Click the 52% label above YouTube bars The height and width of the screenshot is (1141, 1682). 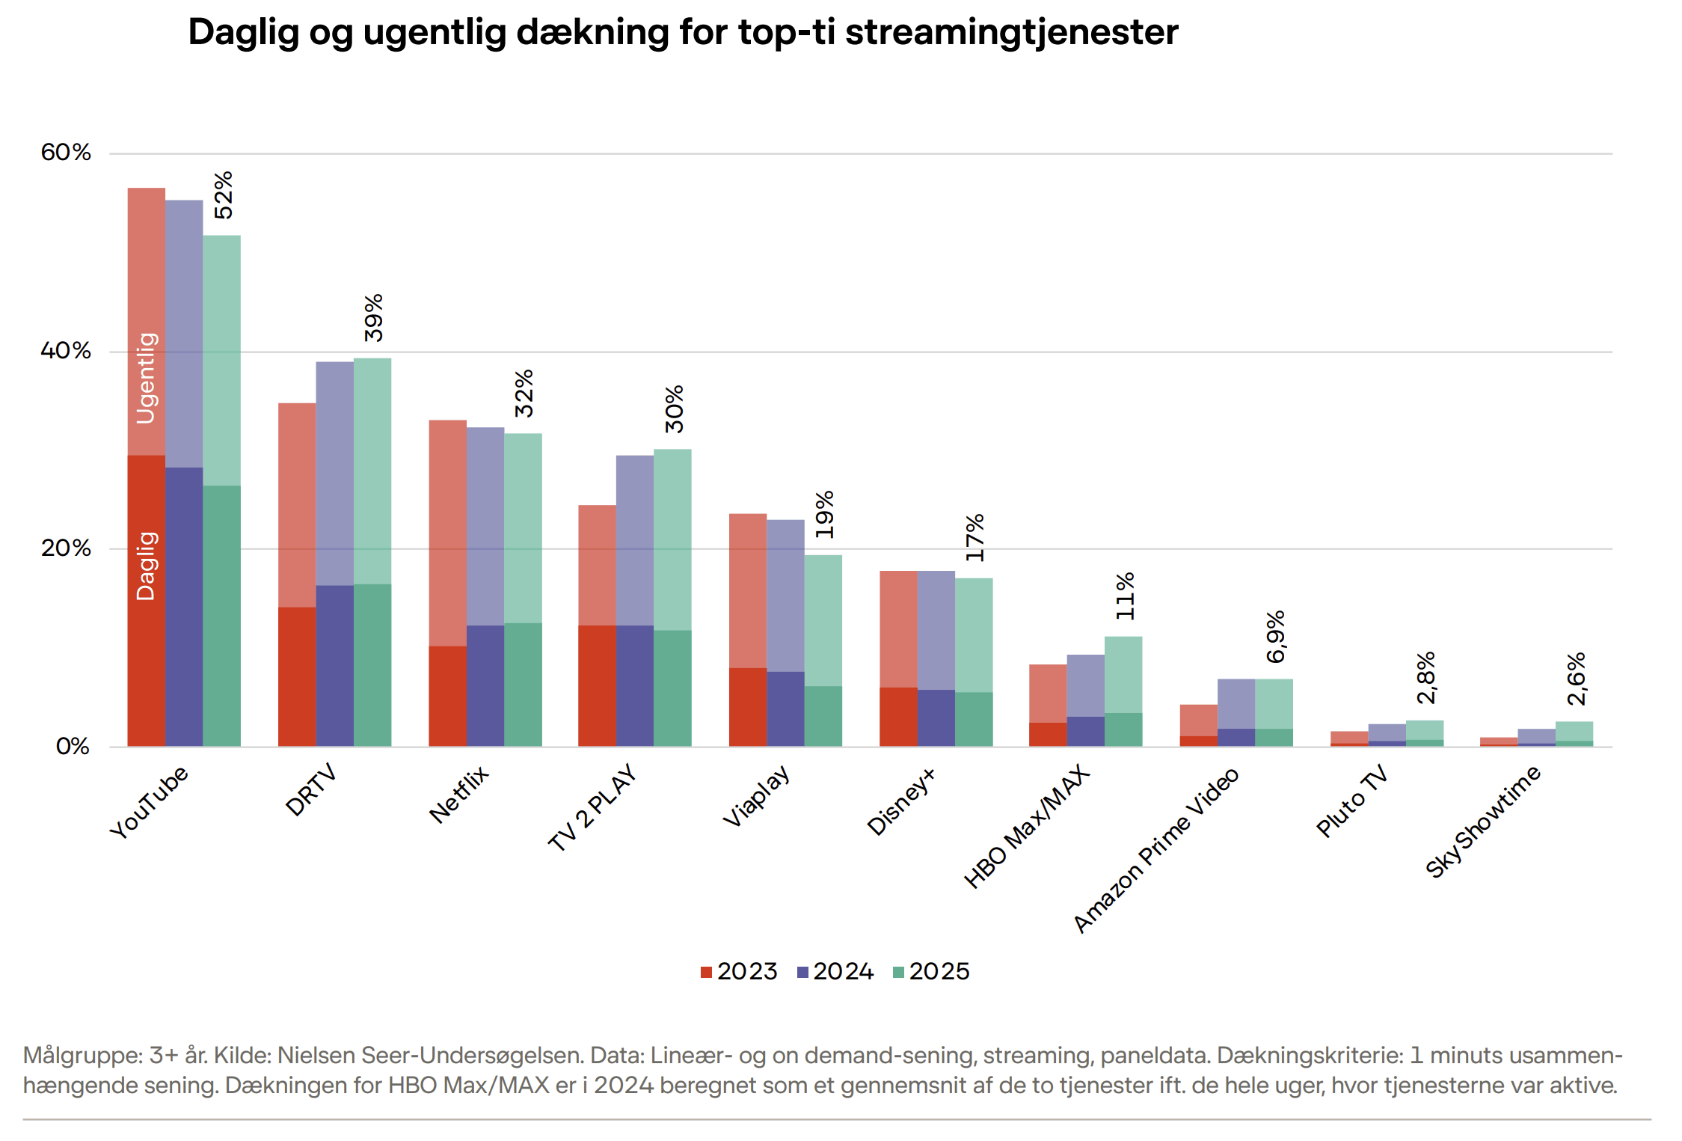223,195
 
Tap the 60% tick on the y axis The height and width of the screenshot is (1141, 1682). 66,153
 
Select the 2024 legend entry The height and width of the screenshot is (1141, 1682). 835,971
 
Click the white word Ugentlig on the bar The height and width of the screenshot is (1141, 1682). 147,378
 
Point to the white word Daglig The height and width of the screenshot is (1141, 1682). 147,566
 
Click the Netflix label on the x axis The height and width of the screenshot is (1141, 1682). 458,795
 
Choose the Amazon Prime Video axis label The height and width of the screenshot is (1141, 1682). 1155,850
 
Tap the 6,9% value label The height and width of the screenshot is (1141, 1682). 1275,636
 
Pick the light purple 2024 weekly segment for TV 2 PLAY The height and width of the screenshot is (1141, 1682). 635,540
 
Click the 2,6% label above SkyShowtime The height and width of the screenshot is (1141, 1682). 1576,678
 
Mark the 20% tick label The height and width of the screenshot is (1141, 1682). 66,548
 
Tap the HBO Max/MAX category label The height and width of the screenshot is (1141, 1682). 1027,828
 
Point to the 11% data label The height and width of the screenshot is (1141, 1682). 1125,596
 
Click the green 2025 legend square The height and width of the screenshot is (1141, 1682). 899,972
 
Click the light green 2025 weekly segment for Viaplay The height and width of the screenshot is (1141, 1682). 823,620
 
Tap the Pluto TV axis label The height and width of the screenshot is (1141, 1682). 1351,801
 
